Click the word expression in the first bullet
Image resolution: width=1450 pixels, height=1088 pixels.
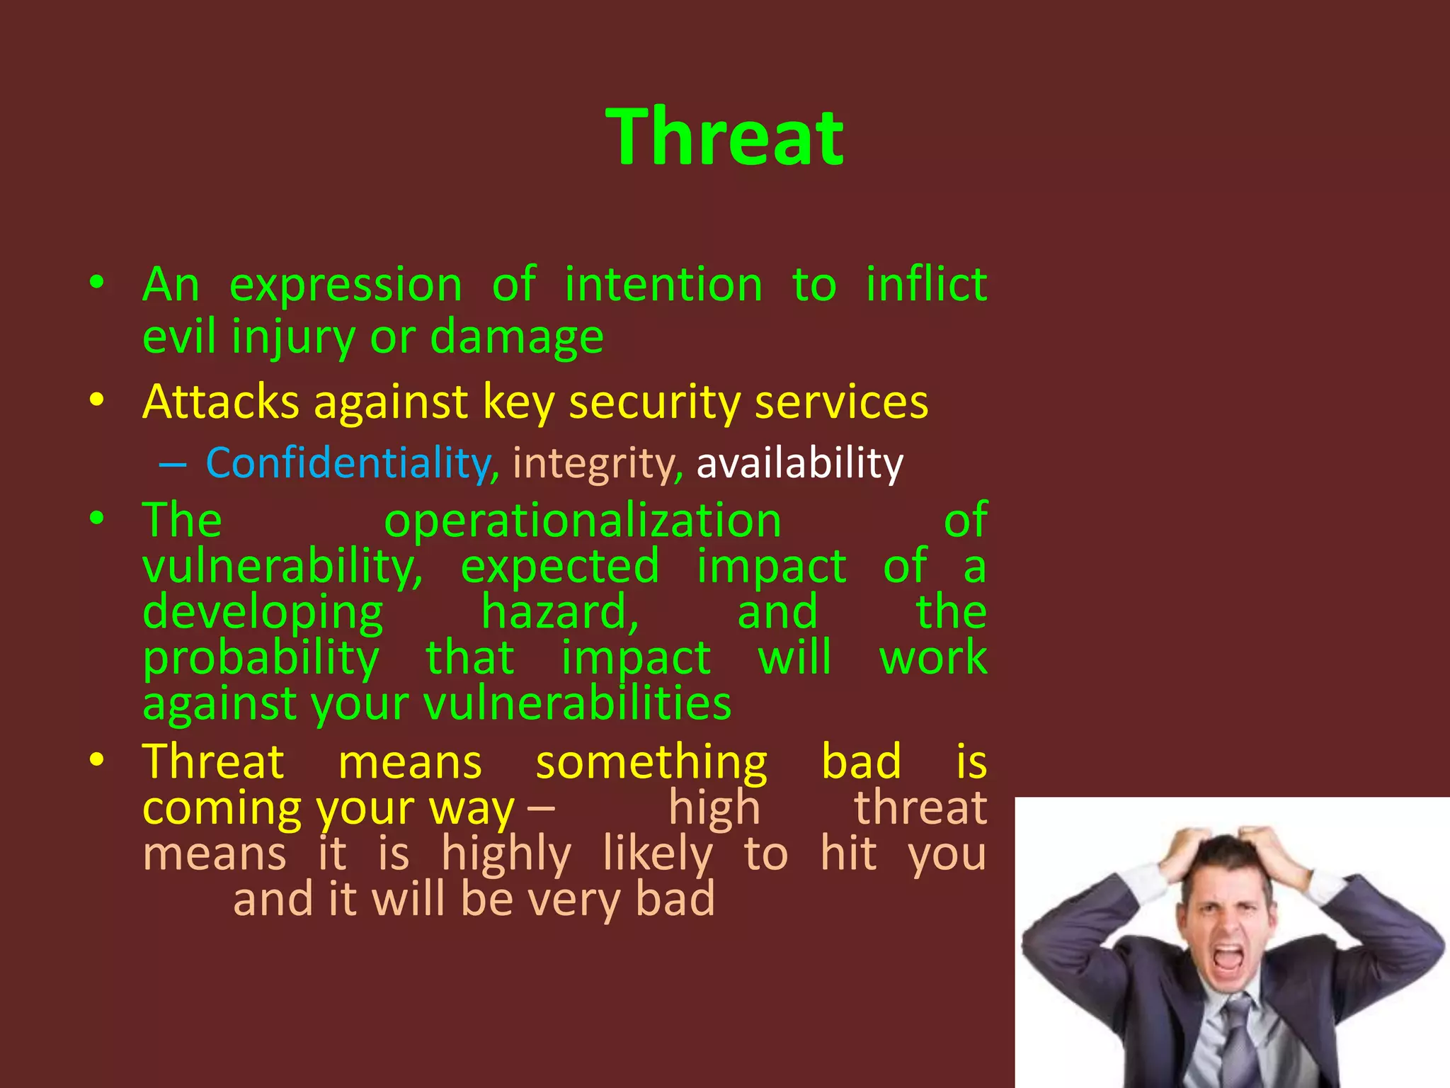coord(346,285)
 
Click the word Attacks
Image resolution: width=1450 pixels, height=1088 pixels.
coord(221,402)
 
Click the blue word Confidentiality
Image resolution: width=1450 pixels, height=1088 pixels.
coord(348,463)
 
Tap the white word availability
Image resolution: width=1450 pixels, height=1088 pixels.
coord(799,463)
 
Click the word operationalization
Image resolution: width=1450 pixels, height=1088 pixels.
coord(582,521)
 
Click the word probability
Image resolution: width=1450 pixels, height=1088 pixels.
coord(261,659)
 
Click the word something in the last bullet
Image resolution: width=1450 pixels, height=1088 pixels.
coord(651,762)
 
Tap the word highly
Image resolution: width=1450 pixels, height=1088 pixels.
coord(506,854)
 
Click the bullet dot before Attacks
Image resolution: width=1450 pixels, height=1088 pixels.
coord(97,400)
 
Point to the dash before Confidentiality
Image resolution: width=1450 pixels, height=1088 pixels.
coord(173,465)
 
